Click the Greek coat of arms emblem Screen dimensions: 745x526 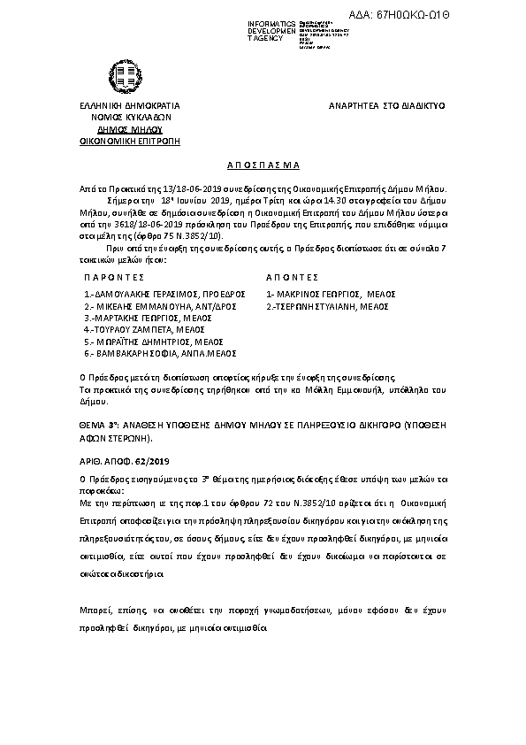123,74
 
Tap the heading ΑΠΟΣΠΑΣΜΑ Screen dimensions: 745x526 263,165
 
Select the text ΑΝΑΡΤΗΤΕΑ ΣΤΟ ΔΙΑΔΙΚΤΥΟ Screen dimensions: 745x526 386,105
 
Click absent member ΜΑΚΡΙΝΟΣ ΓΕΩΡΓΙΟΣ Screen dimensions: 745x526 328,294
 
